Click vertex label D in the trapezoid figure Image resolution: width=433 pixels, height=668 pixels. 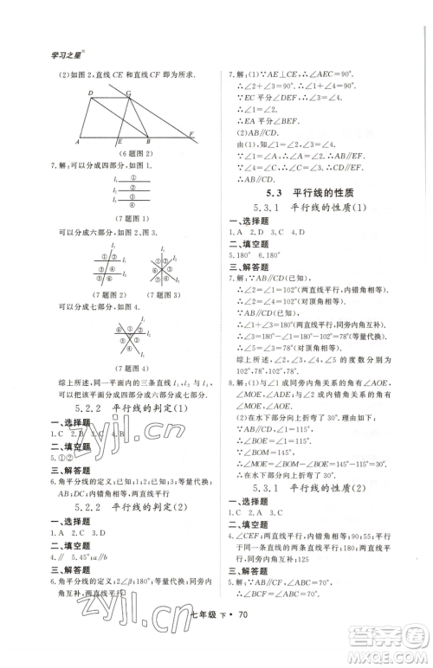point(89,93)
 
